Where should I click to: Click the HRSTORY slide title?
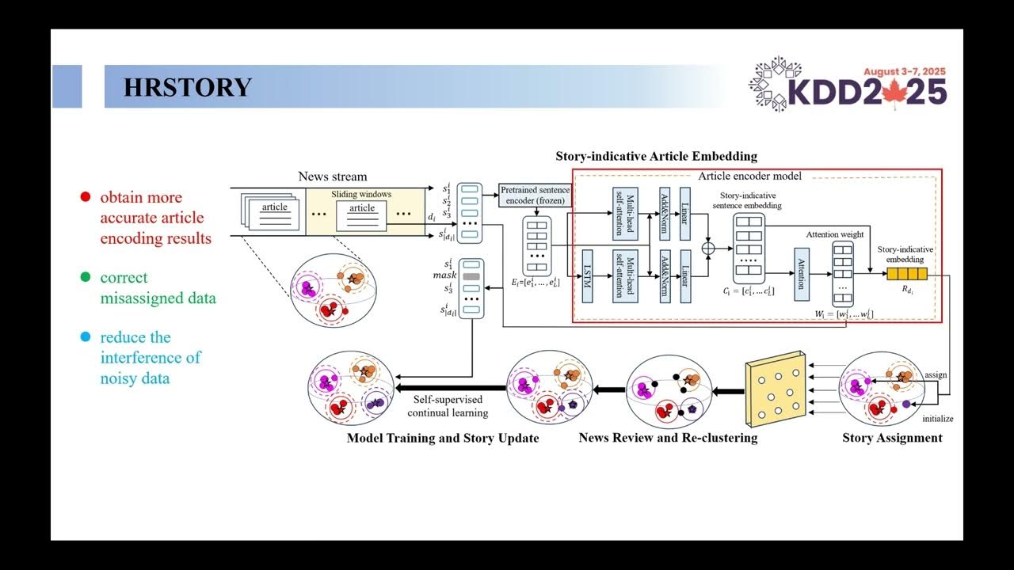188,87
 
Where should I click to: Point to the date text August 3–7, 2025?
905,70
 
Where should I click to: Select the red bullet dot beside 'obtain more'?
85,197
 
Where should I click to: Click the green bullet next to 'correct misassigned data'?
85,278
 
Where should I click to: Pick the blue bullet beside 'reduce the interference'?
85,337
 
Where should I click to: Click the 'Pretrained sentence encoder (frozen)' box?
535,195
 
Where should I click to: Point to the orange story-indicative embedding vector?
906,275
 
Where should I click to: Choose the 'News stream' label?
333,177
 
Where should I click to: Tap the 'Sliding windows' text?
361,194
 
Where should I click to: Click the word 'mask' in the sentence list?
445,275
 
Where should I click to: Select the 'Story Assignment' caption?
892,438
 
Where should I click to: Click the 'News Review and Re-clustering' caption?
668,438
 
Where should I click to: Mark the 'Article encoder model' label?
749,176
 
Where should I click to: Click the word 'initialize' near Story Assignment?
938,418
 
